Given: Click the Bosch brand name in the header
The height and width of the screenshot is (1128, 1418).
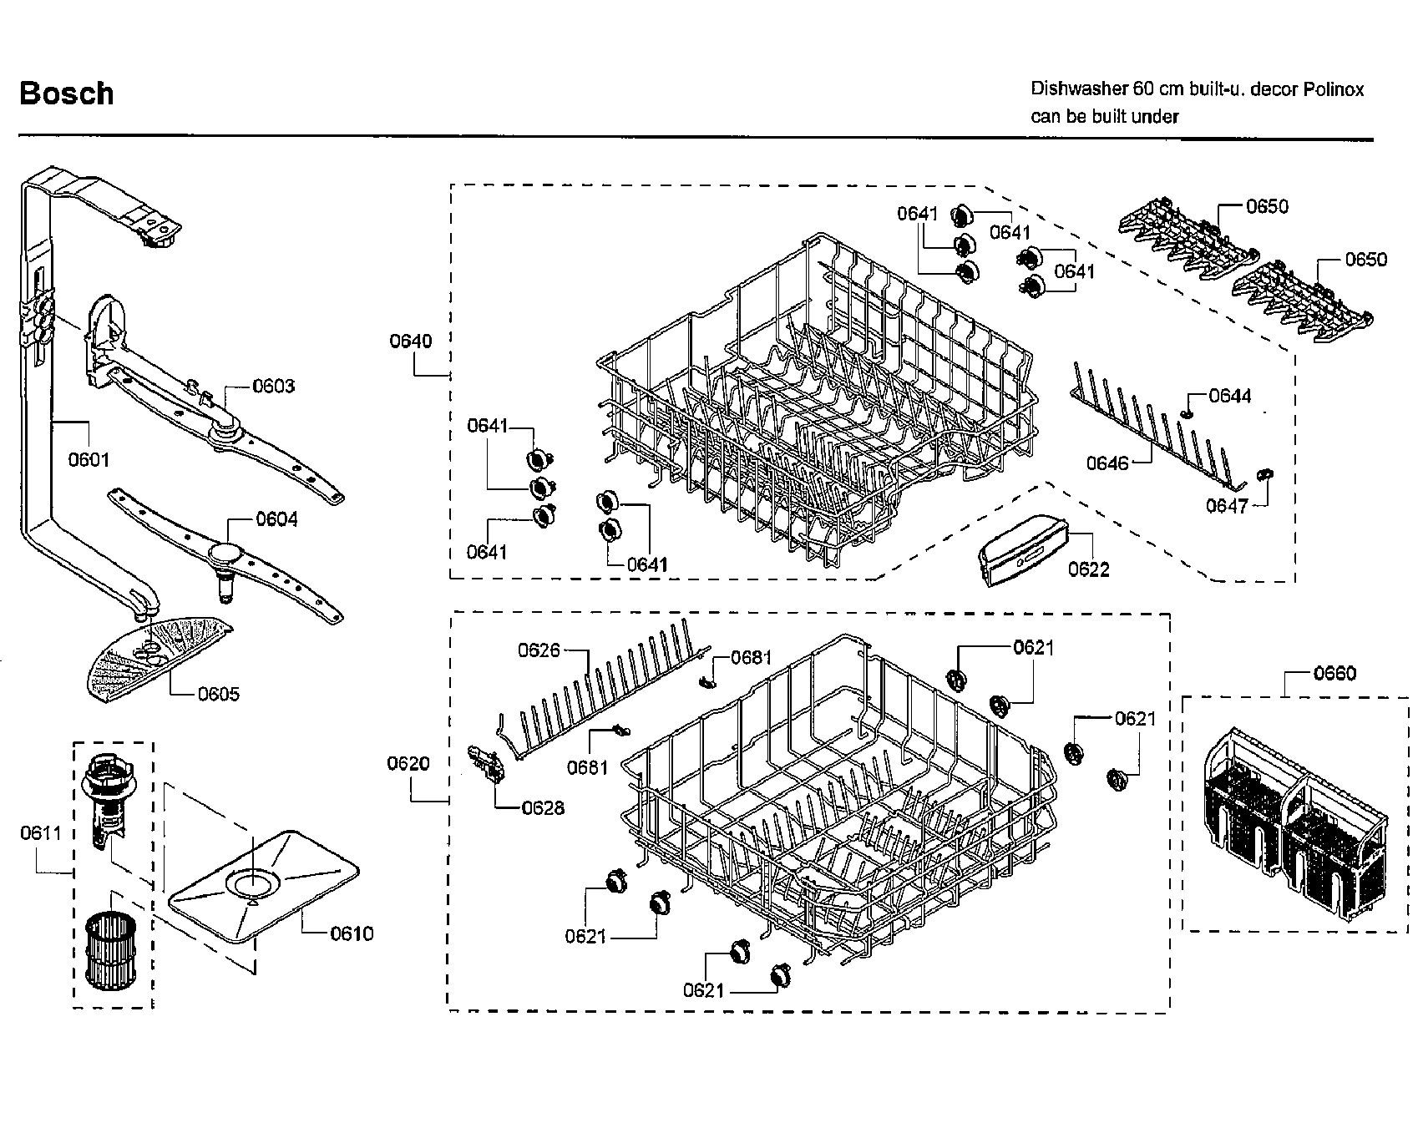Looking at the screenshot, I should point(67,94).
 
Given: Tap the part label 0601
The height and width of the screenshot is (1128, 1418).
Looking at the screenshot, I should point(89,459).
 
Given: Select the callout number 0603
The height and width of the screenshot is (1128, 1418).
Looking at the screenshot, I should point(274,386).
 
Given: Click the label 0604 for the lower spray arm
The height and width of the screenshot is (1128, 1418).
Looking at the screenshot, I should point(276,519).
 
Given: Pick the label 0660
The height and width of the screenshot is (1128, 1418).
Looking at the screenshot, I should point(1334,673).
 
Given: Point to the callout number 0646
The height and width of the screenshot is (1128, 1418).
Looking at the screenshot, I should point(1107,463).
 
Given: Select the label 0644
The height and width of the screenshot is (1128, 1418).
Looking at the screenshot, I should point(1230,396).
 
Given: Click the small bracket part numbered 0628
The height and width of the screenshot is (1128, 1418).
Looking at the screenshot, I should point(490,765).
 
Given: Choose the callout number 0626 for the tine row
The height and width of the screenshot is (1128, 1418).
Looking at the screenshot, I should point(539,650).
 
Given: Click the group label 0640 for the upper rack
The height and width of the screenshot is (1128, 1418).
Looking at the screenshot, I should point(410,341).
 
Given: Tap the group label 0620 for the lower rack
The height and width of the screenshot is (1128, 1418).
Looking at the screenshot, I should point(408,763).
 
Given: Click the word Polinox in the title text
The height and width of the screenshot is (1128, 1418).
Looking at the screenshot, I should point(1334,89).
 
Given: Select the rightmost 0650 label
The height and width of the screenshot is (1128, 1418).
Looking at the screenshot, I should point(1365,260).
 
